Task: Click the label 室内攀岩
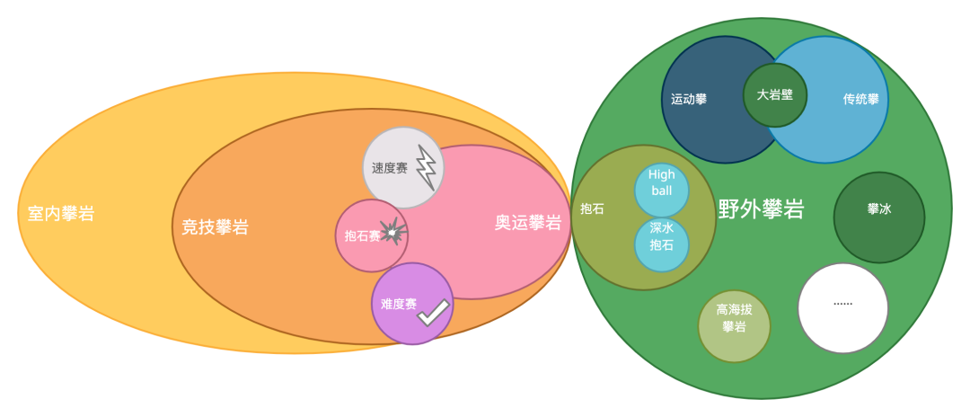click(x=61, y=214)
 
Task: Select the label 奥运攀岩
click(x=528, y=223)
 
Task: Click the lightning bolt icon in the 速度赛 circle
click(x=426, y=168)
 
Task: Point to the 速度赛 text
click(x=390, y=168)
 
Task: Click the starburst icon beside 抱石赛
click(x=392, y=232)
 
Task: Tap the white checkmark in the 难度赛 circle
click(x=433, y=312)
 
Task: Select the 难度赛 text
click(x=398, y=304)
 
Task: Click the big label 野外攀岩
click(x=761, y=209)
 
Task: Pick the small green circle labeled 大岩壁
click(x=774, y=94)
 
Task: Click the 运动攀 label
click(x=689, y=100)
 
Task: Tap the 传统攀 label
click(x=860, y=100)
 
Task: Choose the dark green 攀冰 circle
click(x=878, y=217)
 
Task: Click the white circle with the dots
click(x=842, y=307)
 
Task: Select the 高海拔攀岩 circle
click(x=734, y=325)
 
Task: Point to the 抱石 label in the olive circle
click(x=593, y=209)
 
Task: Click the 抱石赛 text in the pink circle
click(x=362, y=236)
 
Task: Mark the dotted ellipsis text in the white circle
click(x=842, y=303)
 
